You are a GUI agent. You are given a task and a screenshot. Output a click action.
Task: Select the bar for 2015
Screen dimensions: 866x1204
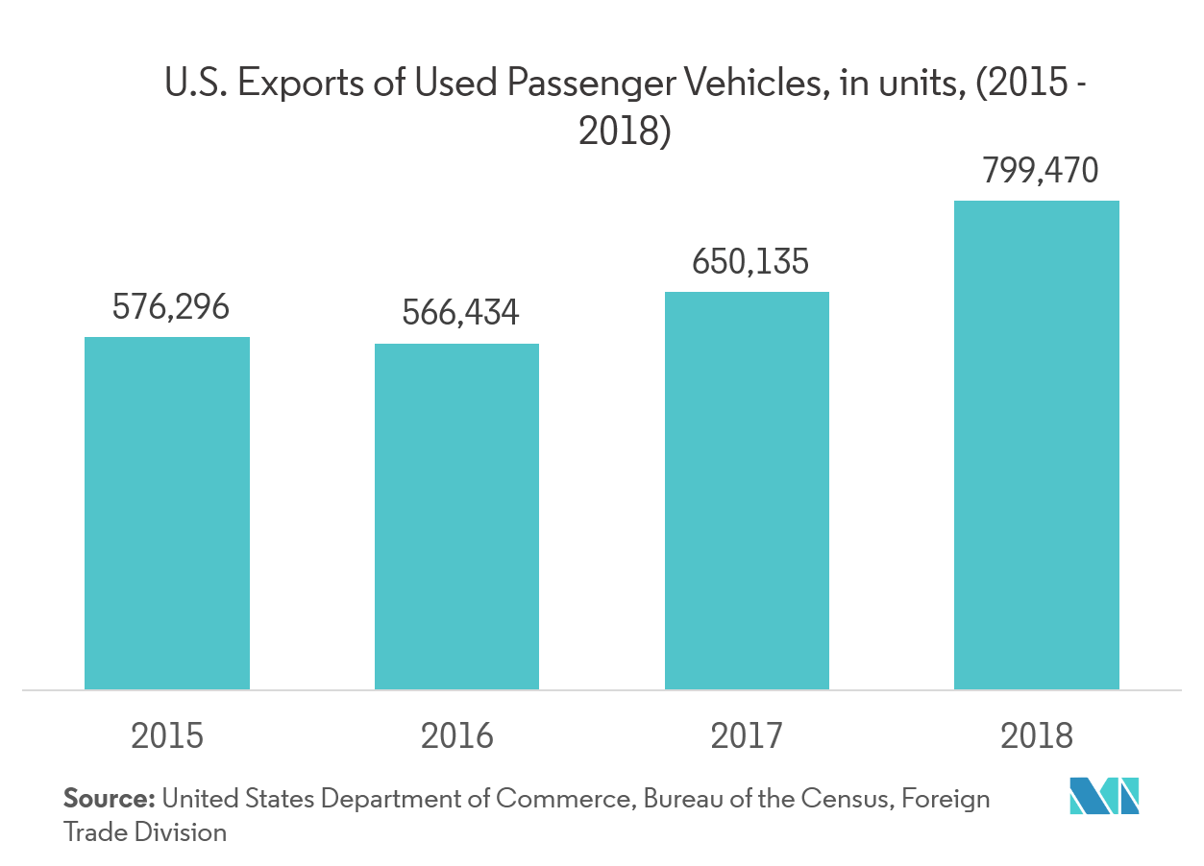click(167, 513)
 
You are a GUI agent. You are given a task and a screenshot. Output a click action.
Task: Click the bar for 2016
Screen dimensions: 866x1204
click(456, 517)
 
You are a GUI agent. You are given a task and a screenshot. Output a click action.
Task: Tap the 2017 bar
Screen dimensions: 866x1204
click(747, 491)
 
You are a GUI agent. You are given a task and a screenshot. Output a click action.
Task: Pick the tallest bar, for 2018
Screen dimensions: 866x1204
click(1036, 445)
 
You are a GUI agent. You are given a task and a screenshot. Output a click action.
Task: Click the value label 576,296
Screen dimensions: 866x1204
click(171, 307)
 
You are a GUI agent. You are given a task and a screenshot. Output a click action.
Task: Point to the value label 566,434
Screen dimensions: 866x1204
click(460, 313)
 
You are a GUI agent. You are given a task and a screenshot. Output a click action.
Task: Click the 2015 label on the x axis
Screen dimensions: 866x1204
click(167, 736)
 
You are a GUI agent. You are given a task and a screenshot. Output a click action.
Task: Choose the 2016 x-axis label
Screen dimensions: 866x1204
click(456, 736)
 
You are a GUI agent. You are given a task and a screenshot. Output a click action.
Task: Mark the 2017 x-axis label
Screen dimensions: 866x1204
click(747, 736)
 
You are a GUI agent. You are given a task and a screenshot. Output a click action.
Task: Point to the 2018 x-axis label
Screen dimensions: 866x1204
click(1036, 736)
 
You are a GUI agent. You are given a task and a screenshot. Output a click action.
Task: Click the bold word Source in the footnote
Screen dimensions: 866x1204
click(110, 799)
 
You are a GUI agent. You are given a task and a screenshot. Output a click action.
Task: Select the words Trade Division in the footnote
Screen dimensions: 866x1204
click(144, 831)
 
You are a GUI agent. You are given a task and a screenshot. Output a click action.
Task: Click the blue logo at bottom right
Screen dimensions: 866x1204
click(1104, 796)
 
